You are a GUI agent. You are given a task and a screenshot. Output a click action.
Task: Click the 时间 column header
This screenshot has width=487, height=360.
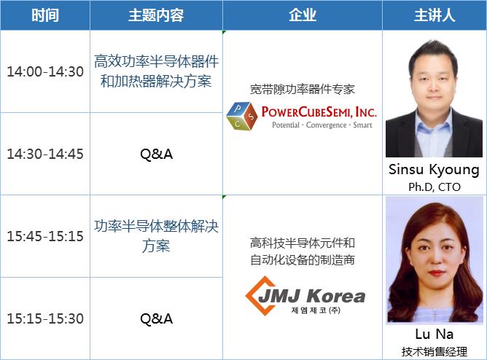point(45,15)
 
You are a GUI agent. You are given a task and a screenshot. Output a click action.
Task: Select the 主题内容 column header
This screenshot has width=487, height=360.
point(156,15)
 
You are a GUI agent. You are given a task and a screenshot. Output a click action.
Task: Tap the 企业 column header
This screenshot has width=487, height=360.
point(303,15)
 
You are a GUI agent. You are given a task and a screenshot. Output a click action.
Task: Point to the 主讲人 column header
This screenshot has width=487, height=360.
point(435,15)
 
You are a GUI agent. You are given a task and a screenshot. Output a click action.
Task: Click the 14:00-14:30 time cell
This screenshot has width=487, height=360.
point(45,71)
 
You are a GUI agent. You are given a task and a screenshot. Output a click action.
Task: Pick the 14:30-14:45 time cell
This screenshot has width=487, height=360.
point(45,154)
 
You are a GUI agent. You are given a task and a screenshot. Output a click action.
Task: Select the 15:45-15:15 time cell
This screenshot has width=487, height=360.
point(45,236)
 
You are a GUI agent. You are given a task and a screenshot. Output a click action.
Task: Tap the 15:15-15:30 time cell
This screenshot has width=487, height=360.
point(45,318)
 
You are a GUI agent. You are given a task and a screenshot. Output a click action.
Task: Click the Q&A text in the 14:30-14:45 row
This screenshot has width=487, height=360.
point(156,154)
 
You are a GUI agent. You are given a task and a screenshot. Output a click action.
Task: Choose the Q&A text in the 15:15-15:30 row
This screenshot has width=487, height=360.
point(156,318)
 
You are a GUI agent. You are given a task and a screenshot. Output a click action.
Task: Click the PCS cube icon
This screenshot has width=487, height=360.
point(242,116)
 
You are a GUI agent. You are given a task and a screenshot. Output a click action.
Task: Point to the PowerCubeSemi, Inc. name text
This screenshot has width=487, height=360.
point(319,111)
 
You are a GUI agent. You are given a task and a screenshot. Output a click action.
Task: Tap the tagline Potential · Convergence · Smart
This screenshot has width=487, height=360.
point(322,125)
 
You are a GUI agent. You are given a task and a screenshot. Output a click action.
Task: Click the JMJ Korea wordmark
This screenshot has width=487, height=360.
point(311,296)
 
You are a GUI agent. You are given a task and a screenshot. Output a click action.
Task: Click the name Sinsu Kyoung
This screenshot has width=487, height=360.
point(434,170)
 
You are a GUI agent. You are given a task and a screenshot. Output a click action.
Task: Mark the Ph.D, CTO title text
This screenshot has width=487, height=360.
point(435,187)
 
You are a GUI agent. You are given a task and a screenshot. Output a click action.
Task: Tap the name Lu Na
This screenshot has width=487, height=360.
point(435,334)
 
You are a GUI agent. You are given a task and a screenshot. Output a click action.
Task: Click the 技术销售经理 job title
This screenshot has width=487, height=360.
point(435,352)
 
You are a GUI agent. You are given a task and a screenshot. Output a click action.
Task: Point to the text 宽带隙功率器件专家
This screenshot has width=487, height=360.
point(303,90)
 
